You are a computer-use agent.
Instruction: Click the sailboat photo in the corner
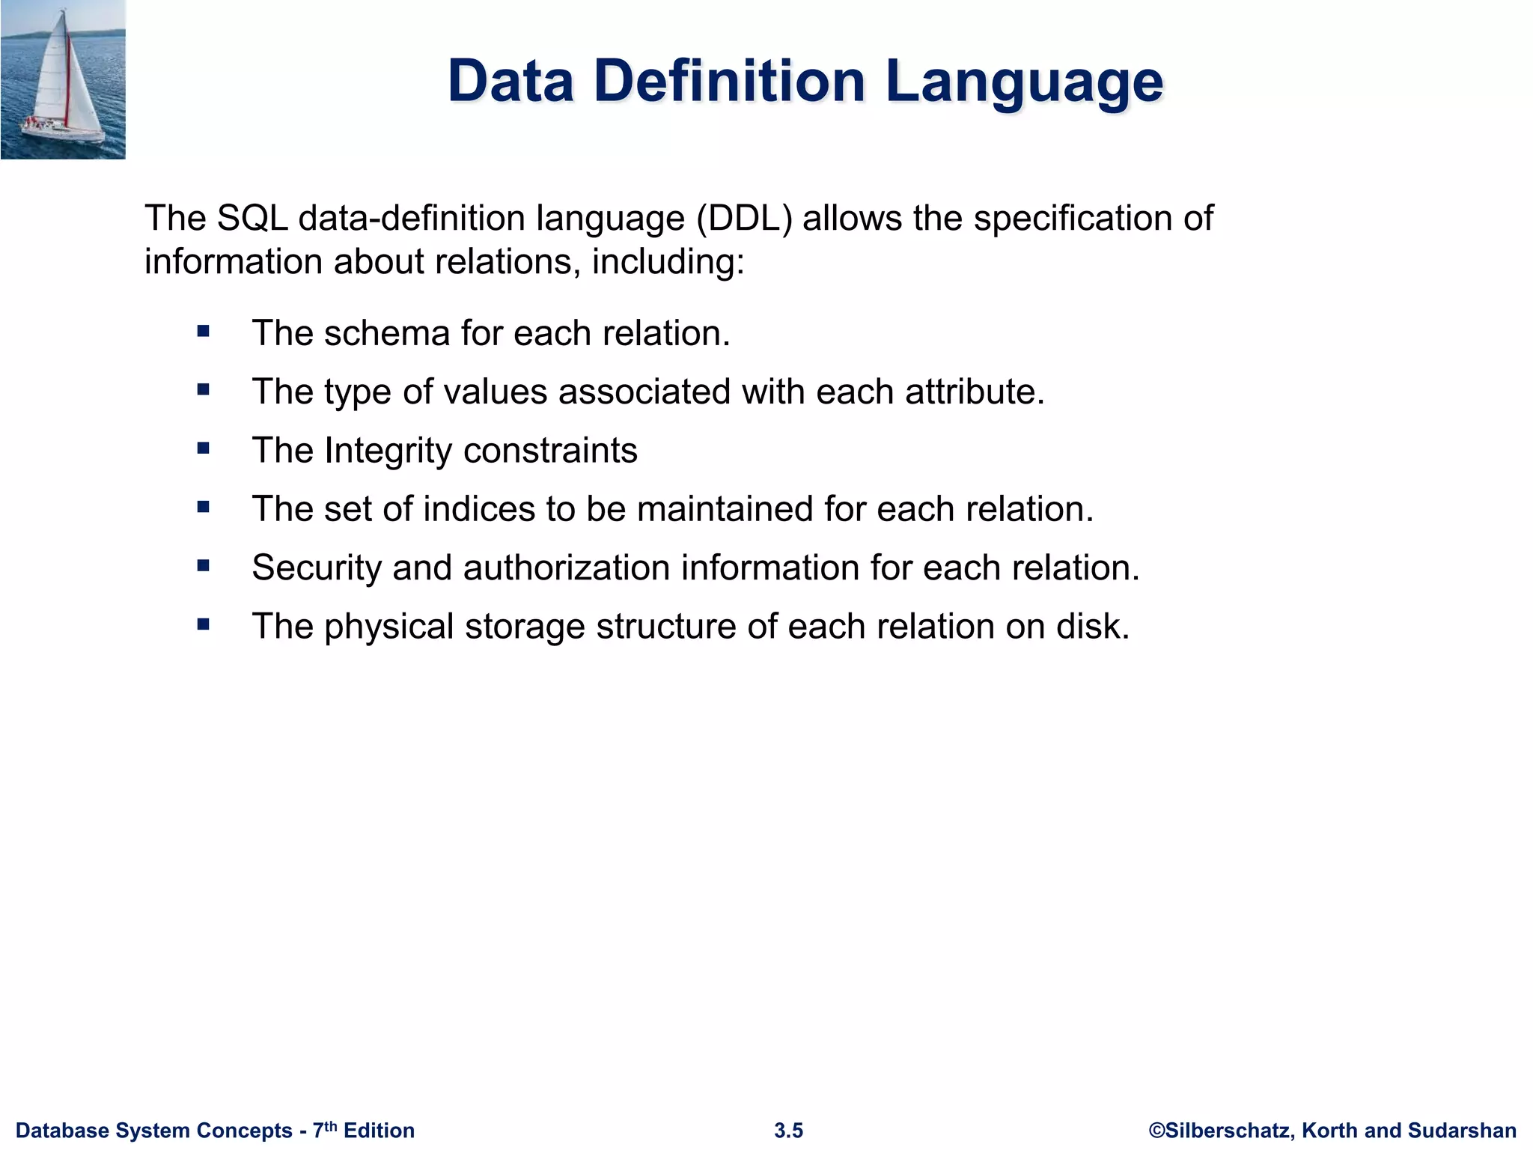coord(63,79)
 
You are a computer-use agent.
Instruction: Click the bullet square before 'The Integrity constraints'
coord(204,448)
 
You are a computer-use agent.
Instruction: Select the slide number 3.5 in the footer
coord(788,1131)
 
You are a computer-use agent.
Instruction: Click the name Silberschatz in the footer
coord(1228,1131)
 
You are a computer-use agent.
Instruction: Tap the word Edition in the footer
coord(379,1131)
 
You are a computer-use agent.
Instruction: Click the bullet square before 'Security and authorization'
coord(204,566)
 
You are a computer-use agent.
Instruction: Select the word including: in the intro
coord(668,263)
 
